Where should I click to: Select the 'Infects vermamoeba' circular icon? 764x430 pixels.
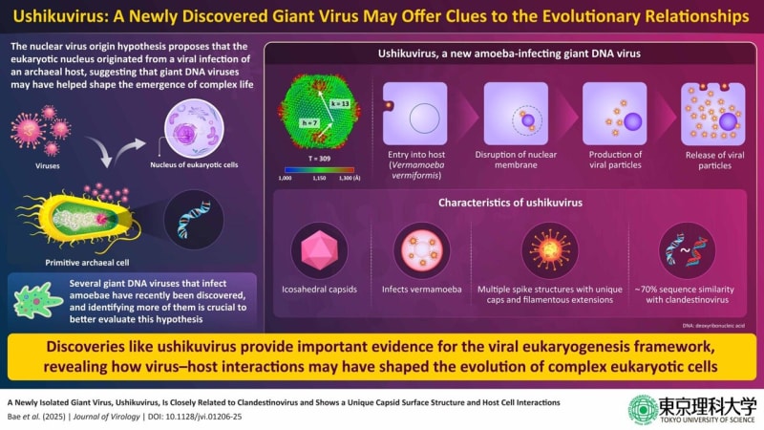tap(419, 249)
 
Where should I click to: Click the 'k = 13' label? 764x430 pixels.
tap(342, 100)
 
